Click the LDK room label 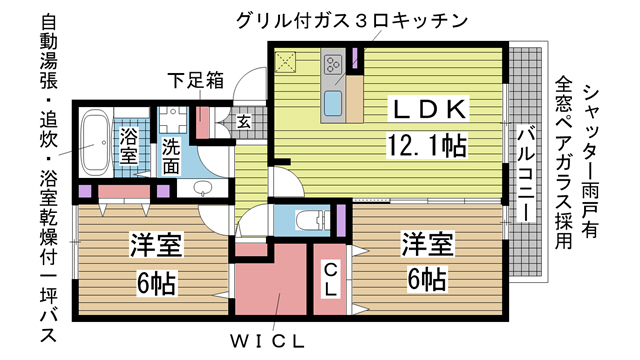coord(429,109)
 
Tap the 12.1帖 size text coord(427,146)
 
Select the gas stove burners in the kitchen coord(333,64)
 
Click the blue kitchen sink coord(333,104)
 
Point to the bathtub coord(96,143)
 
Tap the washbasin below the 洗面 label coord(201,188)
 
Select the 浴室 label coord(129,145)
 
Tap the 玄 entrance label coord(244,121)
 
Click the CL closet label coord(330,280)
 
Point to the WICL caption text coord(267,341)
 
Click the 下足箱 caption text coord(196,80)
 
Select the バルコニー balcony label coord(526,174)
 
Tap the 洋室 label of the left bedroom coord(156,244)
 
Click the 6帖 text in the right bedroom coord(427,279)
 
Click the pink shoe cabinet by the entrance coord(202,123)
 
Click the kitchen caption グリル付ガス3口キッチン coord(351,20)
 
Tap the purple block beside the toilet coord(341,220)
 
